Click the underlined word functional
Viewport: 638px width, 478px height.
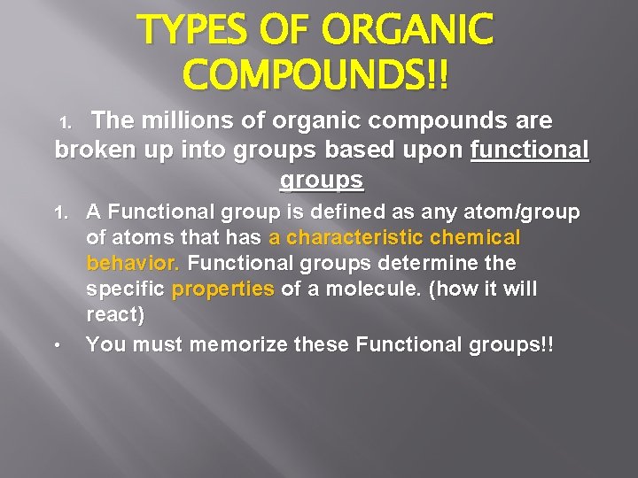(529, 150)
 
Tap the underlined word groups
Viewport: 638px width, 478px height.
(321, 180)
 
